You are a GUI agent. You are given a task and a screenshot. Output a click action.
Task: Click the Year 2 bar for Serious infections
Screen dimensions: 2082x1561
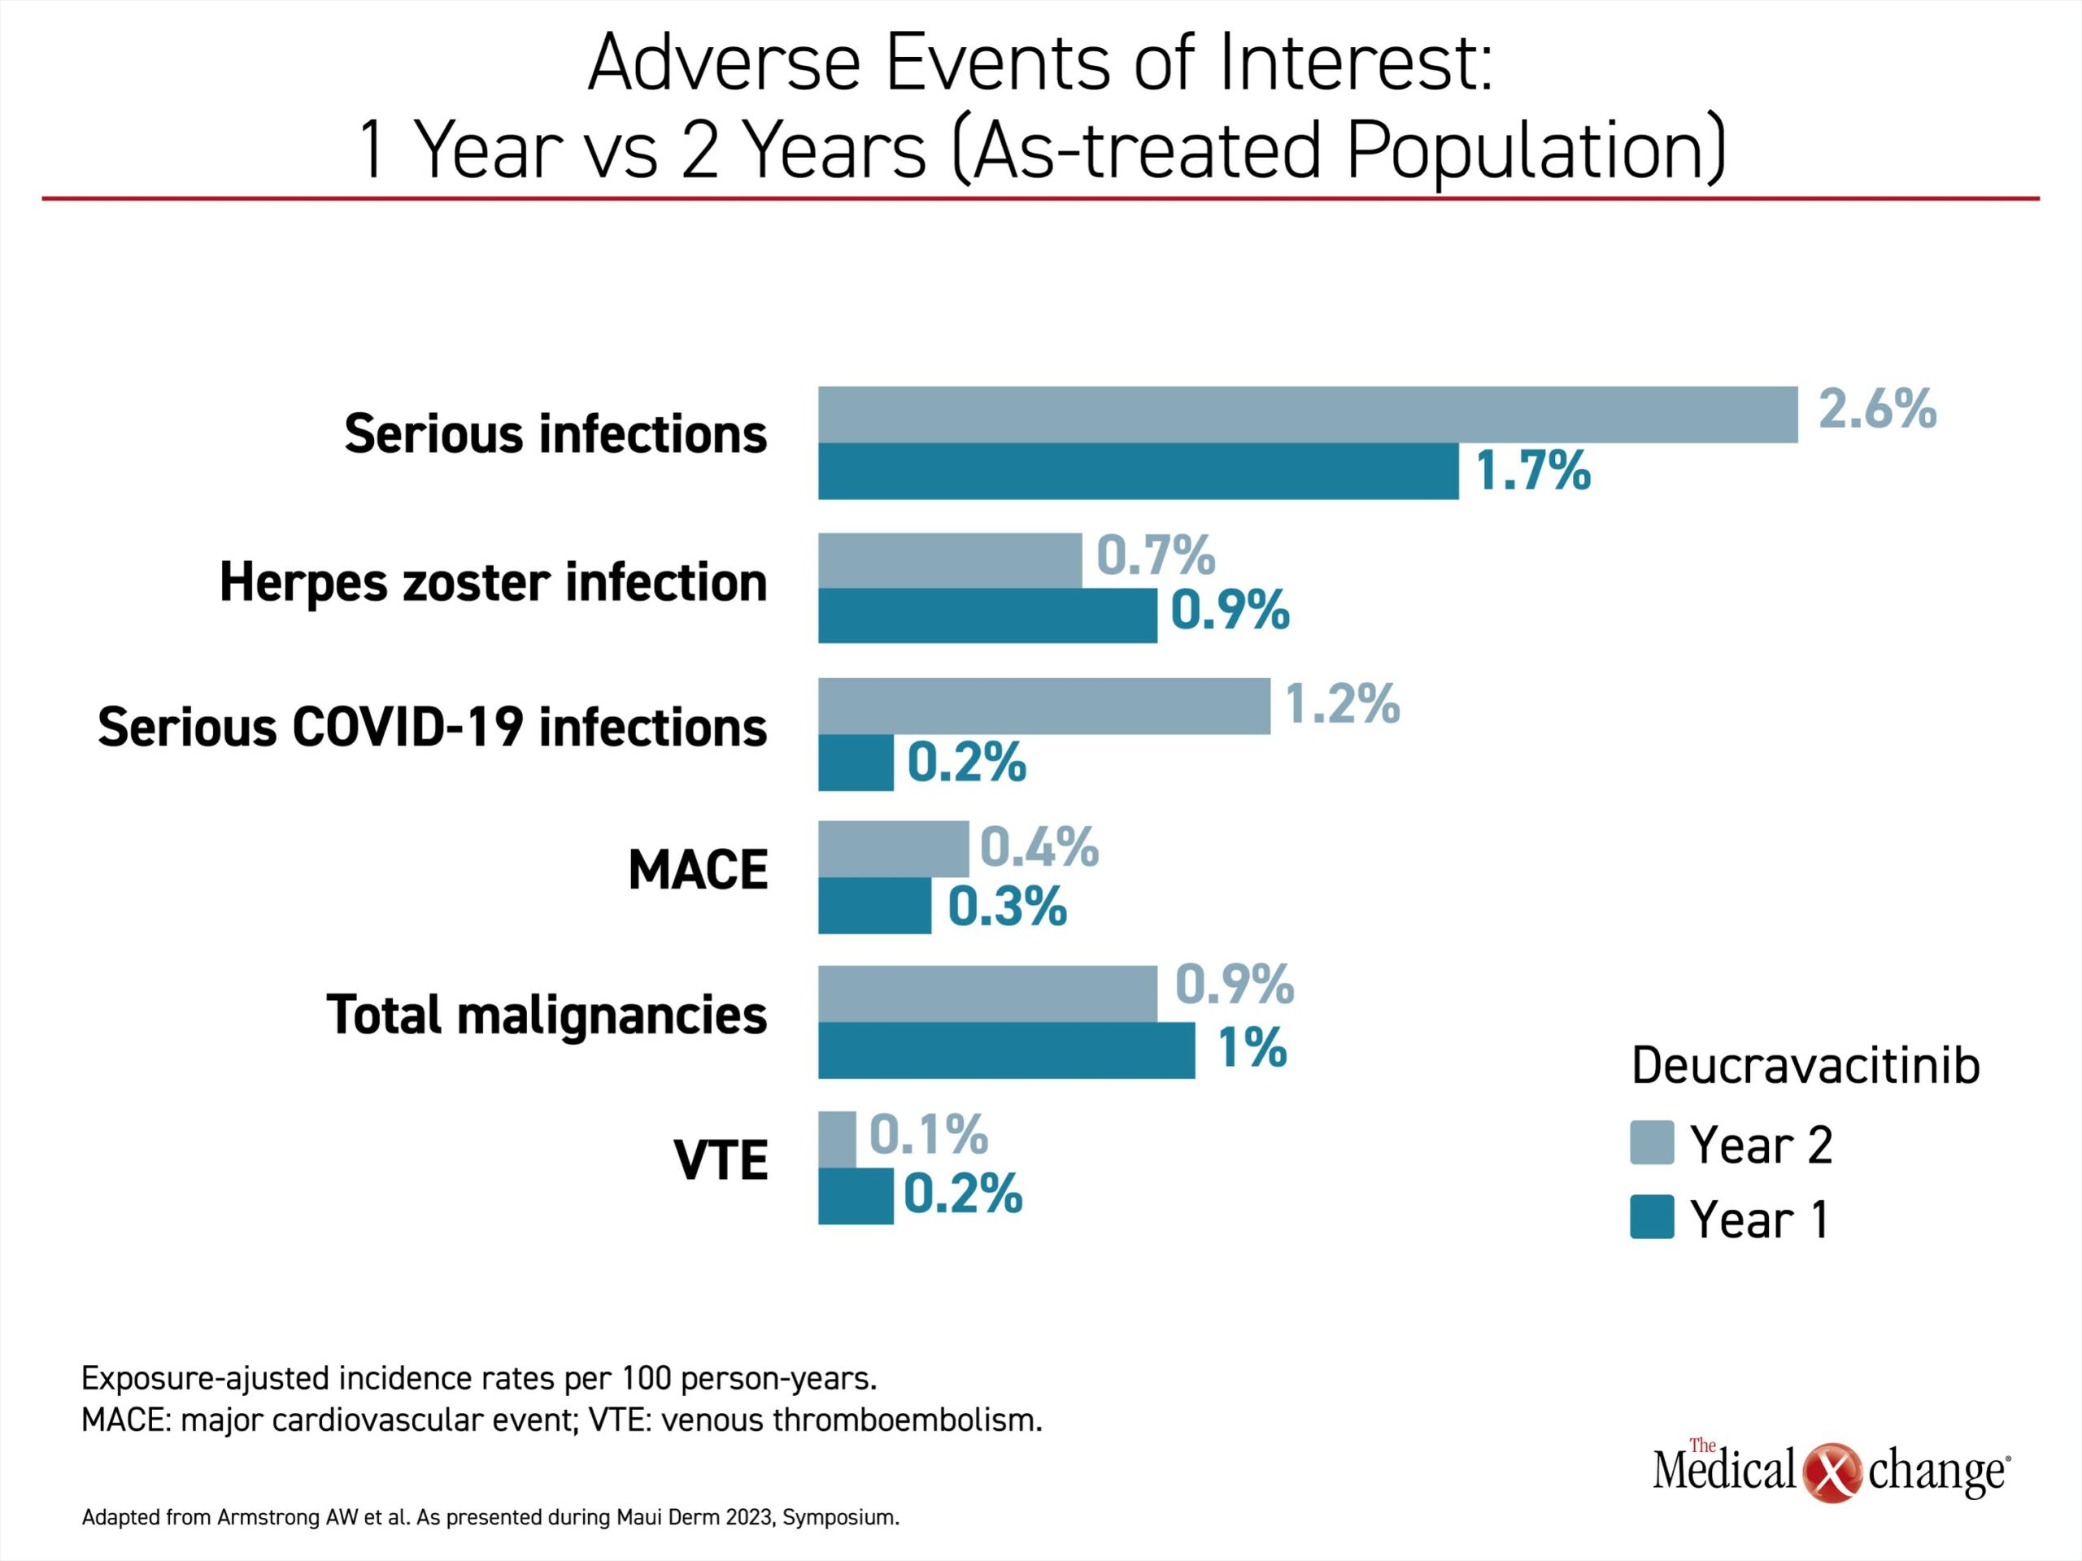pyautogui.click(x=1308, y=414)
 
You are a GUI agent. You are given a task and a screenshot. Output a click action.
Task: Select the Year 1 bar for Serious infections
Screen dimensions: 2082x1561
pyautogui.click(x=1138, y=471)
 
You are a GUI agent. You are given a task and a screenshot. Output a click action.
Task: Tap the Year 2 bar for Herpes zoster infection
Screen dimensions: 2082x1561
pyautogui.click(x=950, y=561)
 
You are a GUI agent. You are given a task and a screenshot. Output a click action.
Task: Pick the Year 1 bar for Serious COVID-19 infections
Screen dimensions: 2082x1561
pyautogui.click(x=856, y=762)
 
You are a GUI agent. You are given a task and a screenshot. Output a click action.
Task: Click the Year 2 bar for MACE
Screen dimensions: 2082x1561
pyautogui.click(x=893, y=849)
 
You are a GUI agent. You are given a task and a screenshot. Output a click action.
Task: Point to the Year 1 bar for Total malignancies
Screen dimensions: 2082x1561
pyautogui.click(x=1006, y=1050)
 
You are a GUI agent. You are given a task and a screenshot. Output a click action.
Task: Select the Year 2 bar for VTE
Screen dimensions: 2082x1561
pyautogui.click(x=837, y=1140)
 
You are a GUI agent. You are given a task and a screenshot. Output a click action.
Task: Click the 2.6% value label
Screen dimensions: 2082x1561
pyautogui.click(x=1877, y=409)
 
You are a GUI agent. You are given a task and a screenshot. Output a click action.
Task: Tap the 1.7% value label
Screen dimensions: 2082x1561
pyautogui.click(x=1533, y=471)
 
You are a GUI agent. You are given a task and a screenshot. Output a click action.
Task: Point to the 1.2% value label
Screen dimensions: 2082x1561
pyautogui.click(x=1342, y=704)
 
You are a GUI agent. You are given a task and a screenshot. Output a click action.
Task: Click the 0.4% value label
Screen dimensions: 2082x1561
pyautogui.click(x=1039, y=847)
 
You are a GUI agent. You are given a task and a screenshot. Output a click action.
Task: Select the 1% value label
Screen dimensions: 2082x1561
pyautogui.click(x=1252, y=1047)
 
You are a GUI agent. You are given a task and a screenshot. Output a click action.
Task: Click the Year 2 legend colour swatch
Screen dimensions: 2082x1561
pyautogui.click(x=1652, y=1143)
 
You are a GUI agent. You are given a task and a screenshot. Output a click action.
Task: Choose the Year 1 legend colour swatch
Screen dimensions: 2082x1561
pyautogui.click(x=1652, y=1216)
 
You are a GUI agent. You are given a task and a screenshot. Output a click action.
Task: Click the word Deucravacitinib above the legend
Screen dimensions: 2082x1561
pyautogui.click(x=1805, y=1066)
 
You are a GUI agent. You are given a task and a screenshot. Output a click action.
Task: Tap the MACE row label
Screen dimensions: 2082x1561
pyautogui.click(x=698, y=869)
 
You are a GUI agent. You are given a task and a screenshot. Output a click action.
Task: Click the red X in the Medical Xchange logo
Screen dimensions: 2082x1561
pyautogui.click(x=1832, y=1472)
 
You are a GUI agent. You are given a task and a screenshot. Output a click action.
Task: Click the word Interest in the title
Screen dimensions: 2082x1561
pyautogui.click(x=1356, y=64)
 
